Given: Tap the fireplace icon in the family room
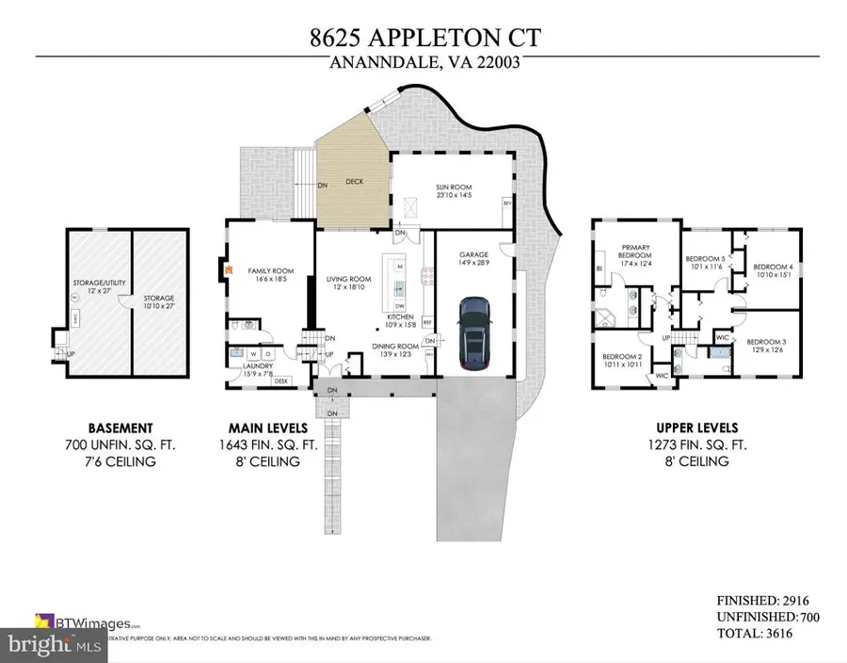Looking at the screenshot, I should pos(228,267).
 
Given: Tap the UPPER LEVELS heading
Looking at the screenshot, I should pos(691,427).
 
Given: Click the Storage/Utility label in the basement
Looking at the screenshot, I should pos(94,285).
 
